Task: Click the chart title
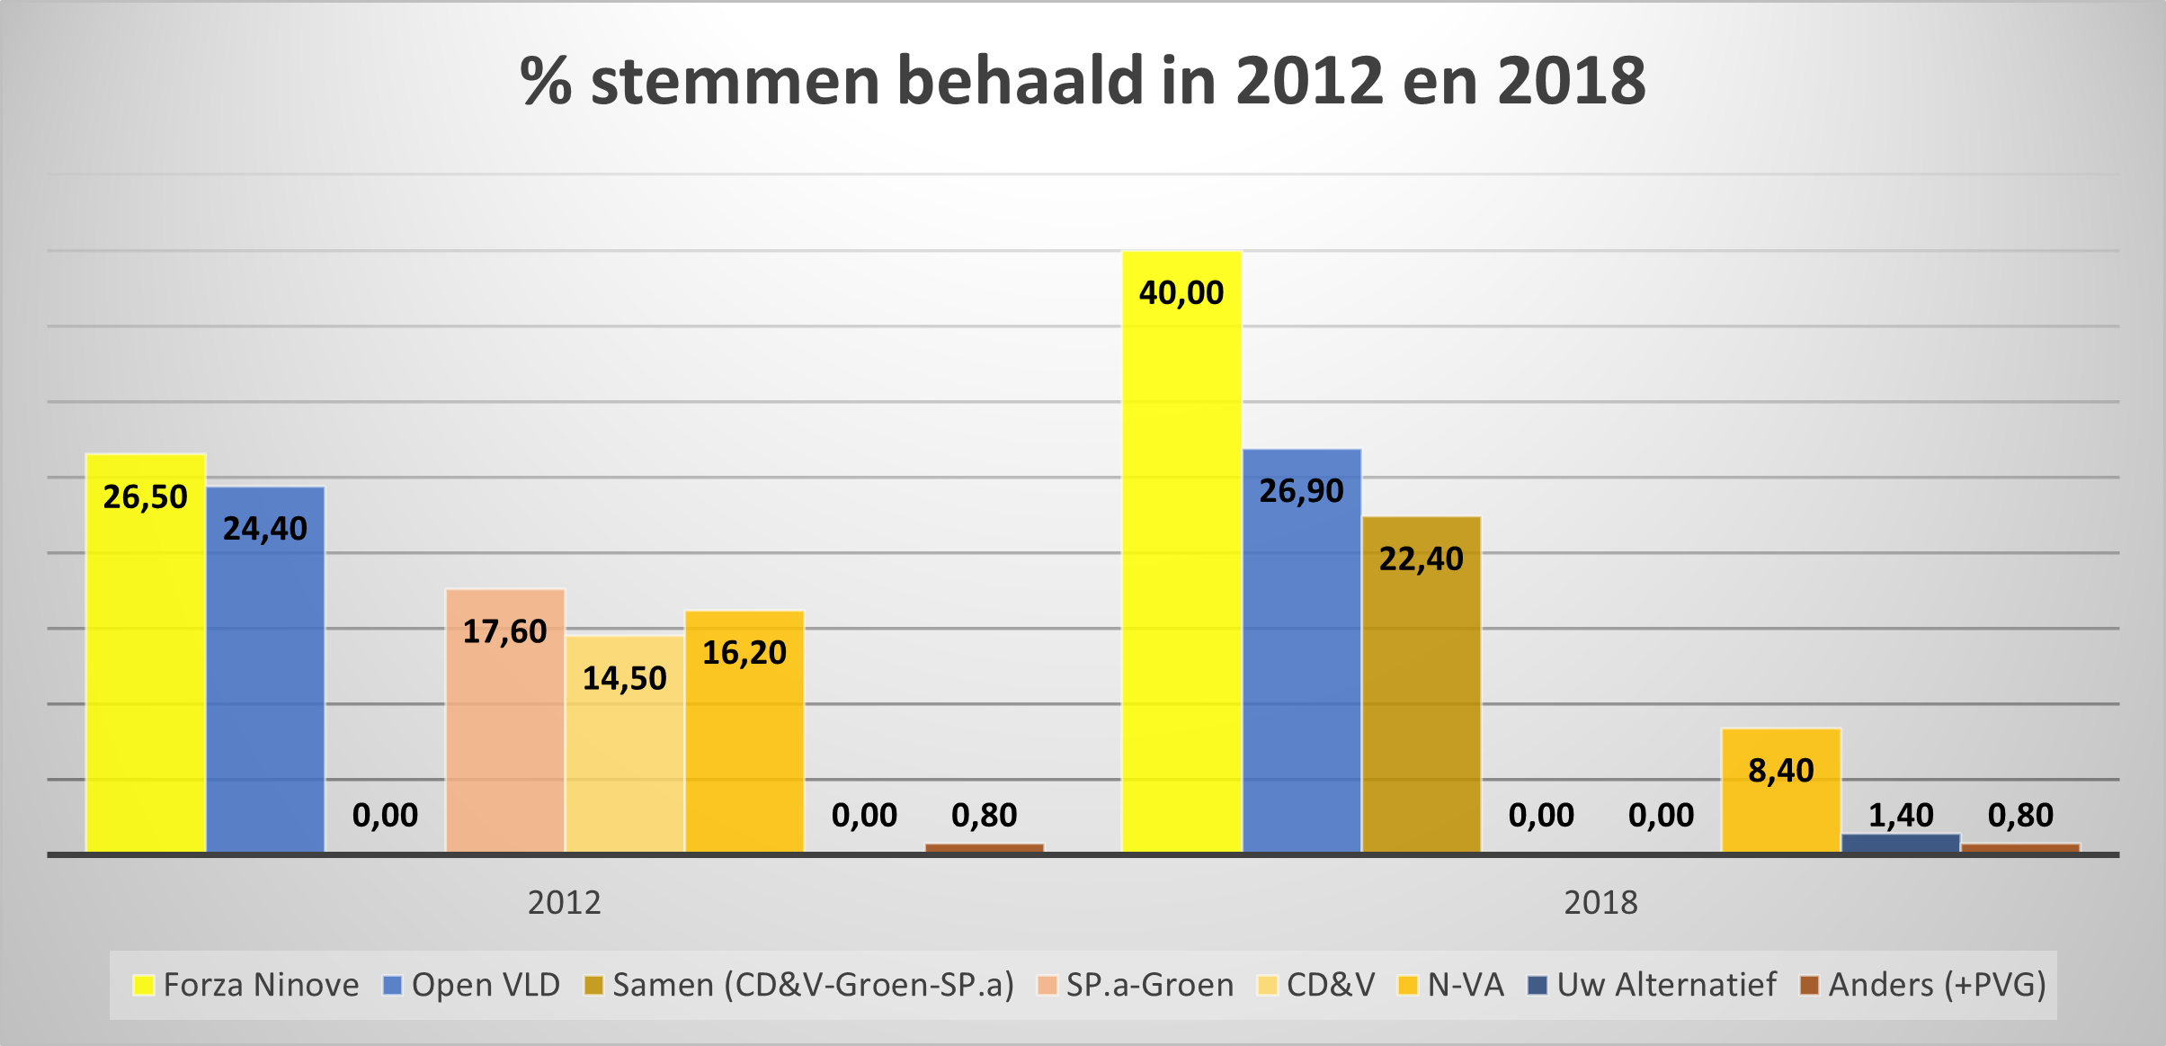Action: (x=1083, y=81)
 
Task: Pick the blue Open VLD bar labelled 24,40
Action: (x=265, y=693)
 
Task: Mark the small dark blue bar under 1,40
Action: (x=1901, y=843)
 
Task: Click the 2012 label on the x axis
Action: (x=564, y=902)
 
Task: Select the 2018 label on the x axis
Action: (x=1600, y=902)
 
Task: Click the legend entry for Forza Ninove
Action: (x=245, y=985)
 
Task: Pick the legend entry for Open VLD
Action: (x=471, y=985)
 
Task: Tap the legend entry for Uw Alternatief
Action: (x=1652, y=985)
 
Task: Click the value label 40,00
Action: (x=1181, y=293)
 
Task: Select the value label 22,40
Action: (x=1421, y=559)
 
